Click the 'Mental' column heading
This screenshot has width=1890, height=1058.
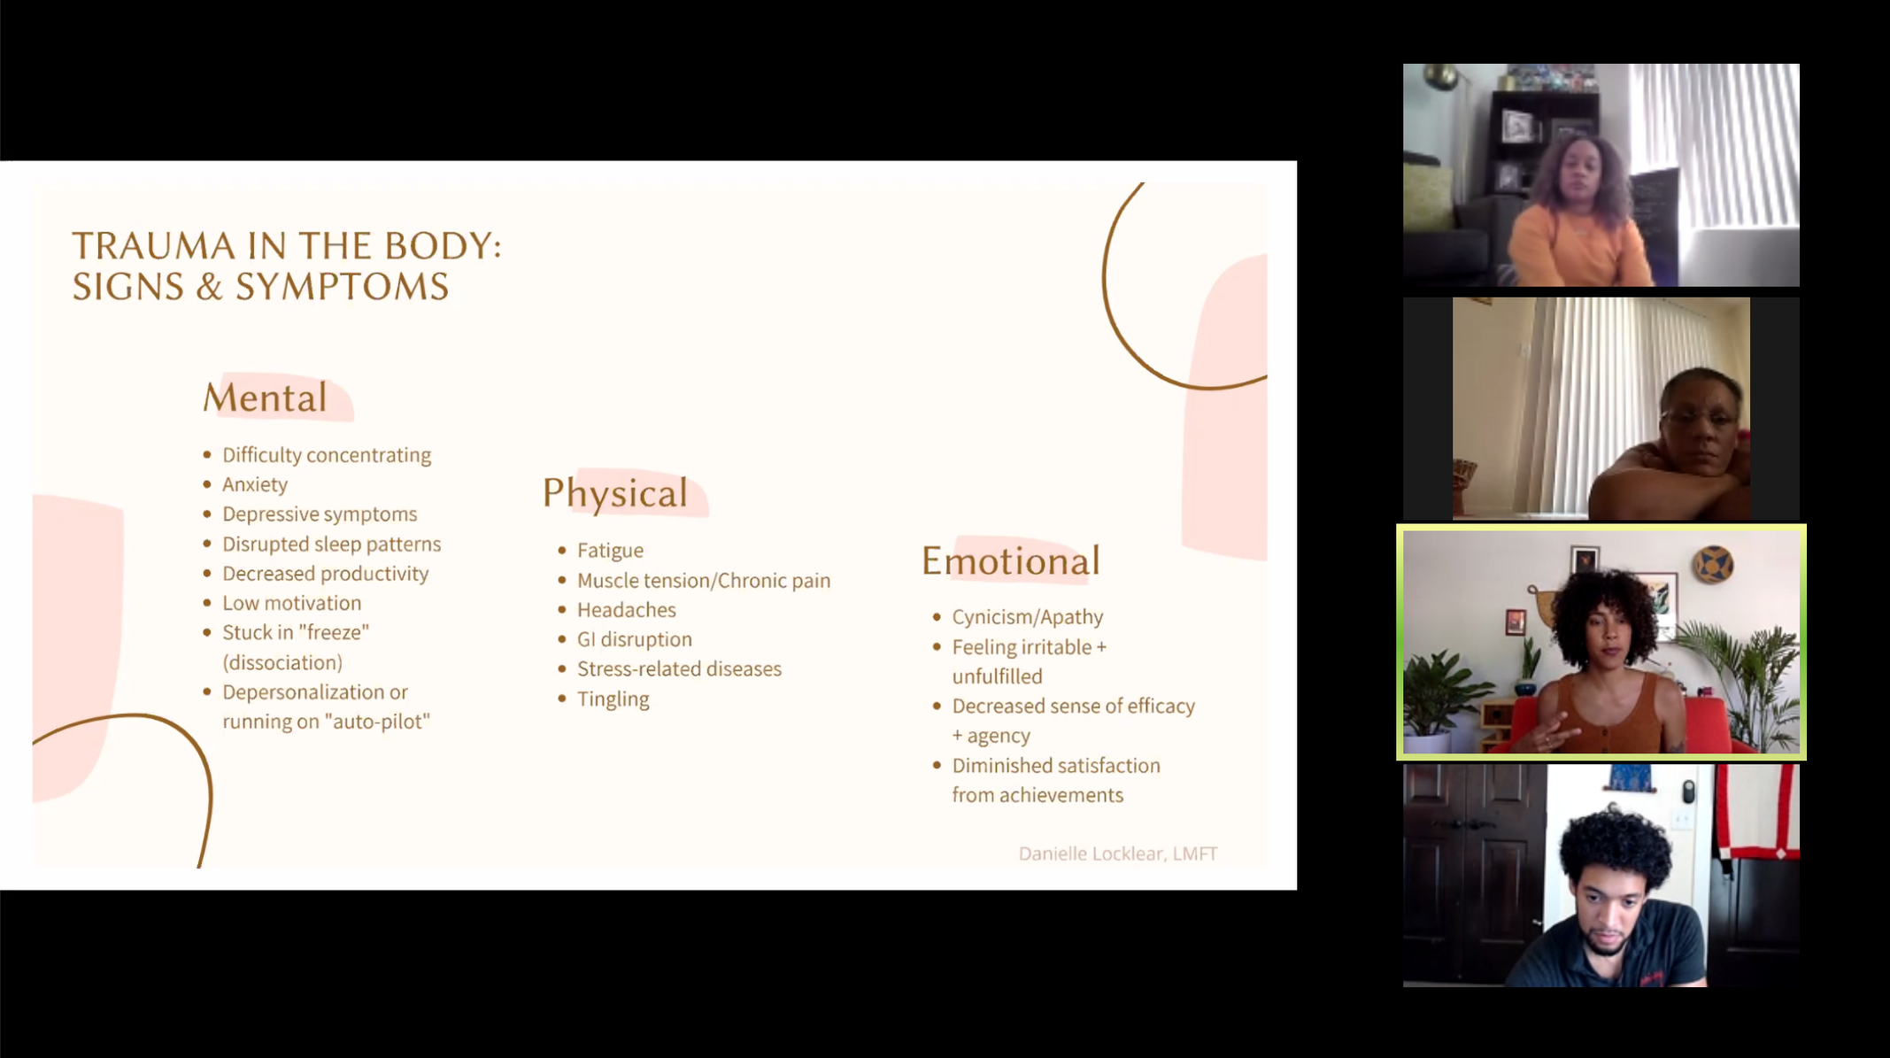(265, 398)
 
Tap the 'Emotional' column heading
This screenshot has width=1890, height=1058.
(1010, 560)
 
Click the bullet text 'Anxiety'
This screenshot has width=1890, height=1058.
(255, 484)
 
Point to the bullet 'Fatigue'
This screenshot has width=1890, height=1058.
(610, 551)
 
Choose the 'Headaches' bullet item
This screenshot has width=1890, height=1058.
(626, 610)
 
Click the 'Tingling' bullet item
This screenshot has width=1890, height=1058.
(613, 699)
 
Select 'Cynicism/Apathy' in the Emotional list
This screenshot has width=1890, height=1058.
(1027, 617)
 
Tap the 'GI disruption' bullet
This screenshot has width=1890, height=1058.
(634, 639)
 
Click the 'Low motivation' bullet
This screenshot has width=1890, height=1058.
(291, 603)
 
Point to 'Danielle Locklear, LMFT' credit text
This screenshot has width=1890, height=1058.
(1117, 853)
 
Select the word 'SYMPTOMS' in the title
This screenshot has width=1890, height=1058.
(342, 287)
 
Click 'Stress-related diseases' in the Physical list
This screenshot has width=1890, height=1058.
(679, 669)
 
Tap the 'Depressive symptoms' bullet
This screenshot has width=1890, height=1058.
(320, 514)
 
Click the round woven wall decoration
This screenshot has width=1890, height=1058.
(1713, 565)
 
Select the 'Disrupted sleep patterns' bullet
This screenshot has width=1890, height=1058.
(331, 544)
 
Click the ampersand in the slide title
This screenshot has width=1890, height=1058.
(209, 287)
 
